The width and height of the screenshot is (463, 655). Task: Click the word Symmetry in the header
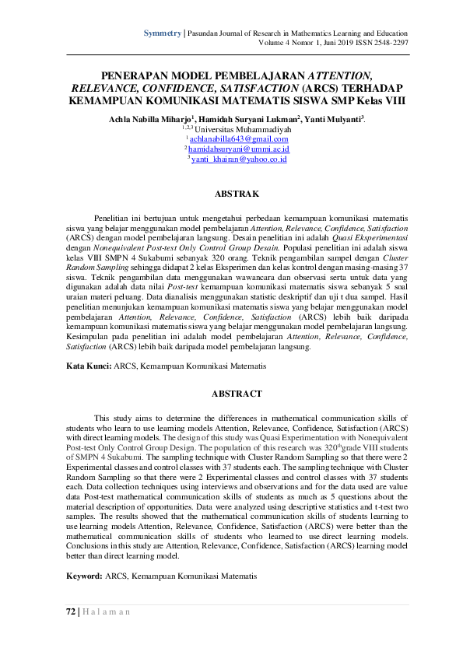tap(162, 34)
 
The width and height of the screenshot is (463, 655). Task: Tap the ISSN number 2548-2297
tap(390, 44)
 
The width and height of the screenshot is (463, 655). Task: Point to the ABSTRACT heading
tap(237, 394)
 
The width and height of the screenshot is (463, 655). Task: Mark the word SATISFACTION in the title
tap(251, 88)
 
